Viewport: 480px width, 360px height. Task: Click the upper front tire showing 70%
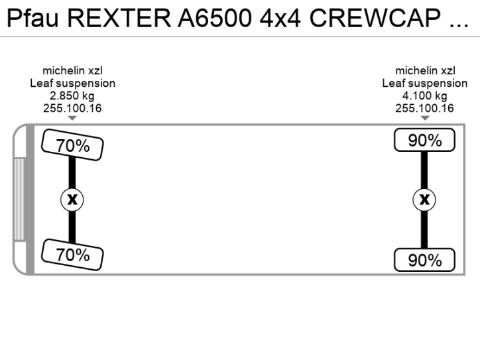click(72, 146)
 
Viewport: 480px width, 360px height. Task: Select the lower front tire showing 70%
click(72, 254)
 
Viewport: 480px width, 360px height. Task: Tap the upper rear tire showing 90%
click(424, 141)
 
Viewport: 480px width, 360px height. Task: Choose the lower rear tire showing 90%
click(424, 260)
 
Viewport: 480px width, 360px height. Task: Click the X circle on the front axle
click(72, 199)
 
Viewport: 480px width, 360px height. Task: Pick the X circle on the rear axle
click(424, 199)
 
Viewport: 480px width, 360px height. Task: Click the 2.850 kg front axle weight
click(72, 96)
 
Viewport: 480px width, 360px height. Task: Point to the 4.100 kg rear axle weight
click(424, 96)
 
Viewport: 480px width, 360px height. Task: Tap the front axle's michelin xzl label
click(72, 71)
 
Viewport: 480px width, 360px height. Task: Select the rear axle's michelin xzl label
click(424, 71)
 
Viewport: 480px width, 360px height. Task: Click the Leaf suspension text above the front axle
click(72, 84)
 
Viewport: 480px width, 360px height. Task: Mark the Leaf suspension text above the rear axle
click(424, 84)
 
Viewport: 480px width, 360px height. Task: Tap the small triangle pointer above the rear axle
click(424, 118)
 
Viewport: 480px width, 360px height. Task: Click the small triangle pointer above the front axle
click(72, 118)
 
